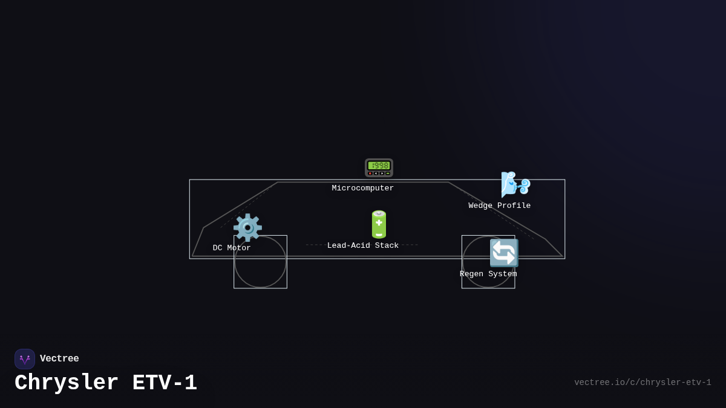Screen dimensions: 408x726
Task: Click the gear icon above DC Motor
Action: [247, 228]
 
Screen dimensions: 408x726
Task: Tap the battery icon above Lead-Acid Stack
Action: [379, 225]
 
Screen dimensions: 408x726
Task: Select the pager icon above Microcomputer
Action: [379, 167]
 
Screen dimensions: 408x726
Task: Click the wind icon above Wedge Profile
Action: [515, 184]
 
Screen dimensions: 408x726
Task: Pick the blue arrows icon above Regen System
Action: [503, 253]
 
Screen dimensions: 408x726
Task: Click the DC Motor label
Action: [232, 248]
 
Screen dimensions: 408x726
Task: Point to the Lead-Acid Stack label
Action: [363, 245]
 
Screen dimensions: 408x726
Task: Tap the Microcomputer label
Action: [363, 188]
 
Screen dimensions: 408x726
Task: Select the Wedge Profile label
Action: [500, 206]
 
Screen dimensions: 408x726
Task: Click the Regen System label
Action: [488, 274]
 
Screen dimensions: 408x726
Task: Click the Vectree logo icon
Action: [25, 359]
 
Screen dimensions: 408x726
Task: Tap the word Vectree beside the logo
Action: [59, 359]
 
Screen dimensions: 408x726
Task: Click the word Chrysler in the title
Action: [67, 383]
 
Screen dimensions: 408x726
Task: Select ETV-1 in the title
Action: [165, 383]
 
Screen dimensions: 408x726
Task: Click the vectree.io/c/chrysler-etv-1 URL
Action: [643, 383]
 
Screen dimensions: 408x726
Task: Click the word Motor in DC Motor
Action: [239, 248]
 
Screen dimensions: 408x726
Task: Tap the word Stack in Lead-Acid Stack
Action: [386, 245]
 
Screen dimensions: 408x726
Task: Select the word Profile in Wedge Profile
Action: [514, 206]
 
